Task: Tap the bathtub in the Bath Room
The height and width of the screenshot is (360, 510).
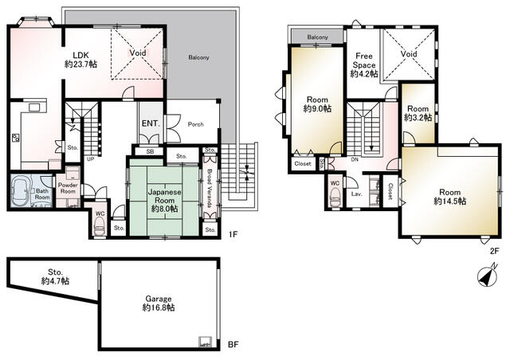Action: (22, 191)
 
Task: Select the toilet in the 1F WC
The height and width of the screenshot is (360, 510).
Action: (99, 225)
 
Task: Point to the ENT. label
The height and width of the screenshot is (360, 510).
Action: (151, 123)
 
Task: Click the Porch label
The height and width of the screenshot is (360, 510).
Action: (196, 124)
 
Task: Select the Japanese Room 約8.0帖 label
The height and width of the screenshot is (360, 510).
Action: (165, 201)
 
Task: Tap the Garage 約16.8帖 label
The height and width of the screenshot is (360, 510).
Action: (159, 303)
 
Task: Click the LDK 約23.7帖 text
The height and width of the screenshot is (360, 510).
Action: (80, 60)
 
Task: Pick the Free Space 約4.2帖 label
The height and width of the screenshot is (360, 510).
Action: (364, 65)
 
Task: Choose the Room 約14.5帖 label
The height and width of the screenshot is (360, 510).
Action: (449, 197)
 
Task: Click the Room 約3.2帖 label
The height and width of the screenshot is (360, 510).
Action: (418, 113)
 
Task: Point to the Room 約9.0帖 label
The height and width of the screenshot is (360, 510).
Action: (317, 104)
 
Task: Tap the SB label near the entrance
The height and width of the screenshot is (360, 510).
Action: (150, 151)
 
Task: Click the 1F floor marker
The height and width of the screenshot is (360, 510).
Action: (233, 234)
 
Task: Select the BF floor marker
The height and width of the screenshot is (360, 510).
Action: (233, 344)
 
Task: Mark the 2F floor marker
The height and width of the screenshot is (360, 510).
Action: (494, 251)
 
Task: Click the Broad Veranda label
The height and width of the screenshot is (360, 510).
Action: (210, 188)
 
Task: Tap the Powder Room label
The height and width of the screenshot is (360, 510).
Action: (68, 188)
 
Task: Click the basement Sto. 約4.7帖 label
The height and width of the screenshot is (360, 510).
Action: (55, 276)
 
